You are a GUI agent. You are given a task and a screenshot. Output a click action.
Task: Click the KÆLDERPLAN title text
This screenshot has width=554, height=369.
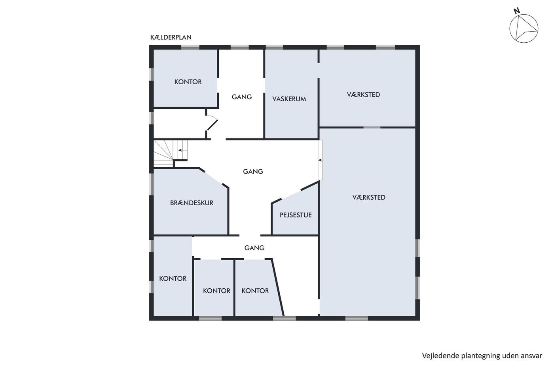coord(171,37)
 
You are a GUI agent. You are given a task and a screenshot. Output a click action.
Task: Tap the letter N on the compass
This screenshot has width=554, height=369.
coord(516,11)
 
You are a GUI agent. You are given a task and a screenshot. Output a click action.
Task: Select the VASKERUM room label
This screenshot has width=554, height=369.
coord(289,99)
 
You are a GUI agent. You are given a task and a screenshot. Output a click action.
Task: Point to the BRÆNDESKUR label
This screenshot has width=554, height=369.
coord(192,203)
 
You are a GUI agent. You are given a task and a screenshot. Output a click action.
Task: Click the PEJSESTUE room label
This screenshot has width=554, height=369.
coord(296,215)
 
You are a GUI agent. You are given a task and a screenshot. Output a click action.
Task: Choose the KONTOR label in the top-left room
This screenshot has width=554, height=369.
coord(188,82)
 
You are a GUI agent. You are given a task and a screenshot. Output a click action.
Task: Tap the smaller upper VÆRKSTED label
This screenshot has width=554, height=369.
coord(363,95)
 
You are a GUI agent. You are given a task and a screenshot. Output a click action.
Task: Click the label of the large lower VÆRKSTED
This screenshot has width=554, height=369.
coord(369,197)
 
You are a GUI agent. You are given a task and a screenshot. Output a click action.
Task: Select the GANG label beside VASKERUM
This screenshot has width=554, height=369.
coord(242,97)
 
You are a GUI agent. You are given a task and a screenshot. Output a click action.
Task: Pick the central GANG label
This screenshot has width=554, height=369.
coord(253,171)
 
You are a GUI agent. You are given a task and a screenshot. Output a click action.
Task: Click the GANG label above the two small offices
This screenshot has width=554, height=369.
coord(254,248)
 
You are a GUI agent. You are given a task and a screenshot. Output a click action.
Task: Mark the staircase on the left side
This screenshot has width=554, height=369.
coord(171,153)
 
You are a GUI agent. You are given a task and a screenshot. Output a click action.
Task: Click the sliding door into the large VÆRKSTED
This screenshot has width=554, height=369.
coord(320,160)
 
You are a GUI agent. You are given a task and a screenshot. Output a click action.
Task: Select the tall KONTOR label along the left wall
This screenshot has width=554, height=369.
coord(173,278)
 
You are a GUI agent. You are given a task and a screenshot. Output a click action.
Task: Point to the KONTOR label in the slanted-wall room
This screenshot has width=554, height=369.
coord(255,291)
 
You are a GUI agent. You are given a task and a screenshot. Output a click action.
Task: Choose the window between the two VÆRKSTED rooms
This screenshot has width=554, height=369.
coord(372,127)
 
